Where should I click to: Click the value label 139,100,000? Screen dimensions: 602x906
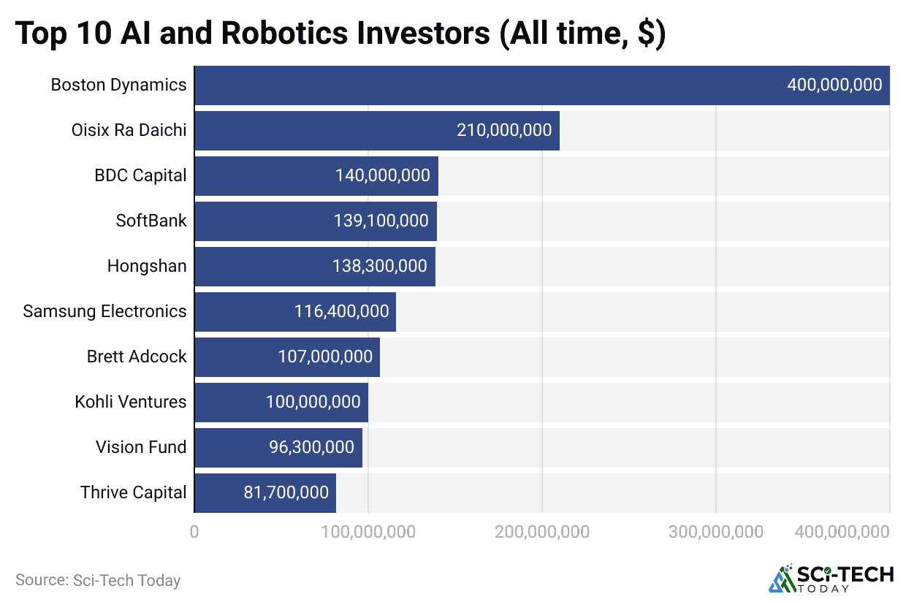coord(381,221)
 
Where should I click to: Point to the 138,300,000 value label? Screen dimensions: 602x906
coord(380,266)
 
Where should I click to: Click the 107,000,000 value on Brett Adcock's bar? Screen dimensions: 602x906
coord(325,357)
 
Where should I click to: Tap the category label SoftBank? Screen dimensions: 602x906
coord(151,221)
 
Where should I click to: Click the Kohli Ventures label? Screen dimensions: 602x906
coord(131,402)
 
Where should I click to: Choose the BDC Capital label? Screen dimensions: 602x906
coord(140,175)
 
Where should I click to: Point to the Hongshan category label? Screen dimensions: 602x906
coord(147,266)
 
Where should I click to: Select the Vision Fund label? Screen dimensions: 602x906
coord(141,447)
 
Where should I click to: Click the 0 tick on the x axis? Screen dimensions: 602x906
coord(194,533)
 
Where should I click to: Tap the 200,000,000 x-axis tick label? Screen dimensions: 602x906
coord(541,533)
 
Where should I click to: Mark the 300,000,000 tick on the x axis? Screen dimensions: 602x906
coord(715,533)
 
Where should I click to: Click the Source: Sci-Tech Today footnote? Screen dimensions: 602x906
coord(98,581)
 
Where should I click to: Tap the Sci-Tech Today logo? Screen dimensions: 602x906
coord(831,578)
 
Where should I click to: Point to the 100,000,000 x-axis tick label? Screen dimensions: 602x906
coord(368,533)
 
